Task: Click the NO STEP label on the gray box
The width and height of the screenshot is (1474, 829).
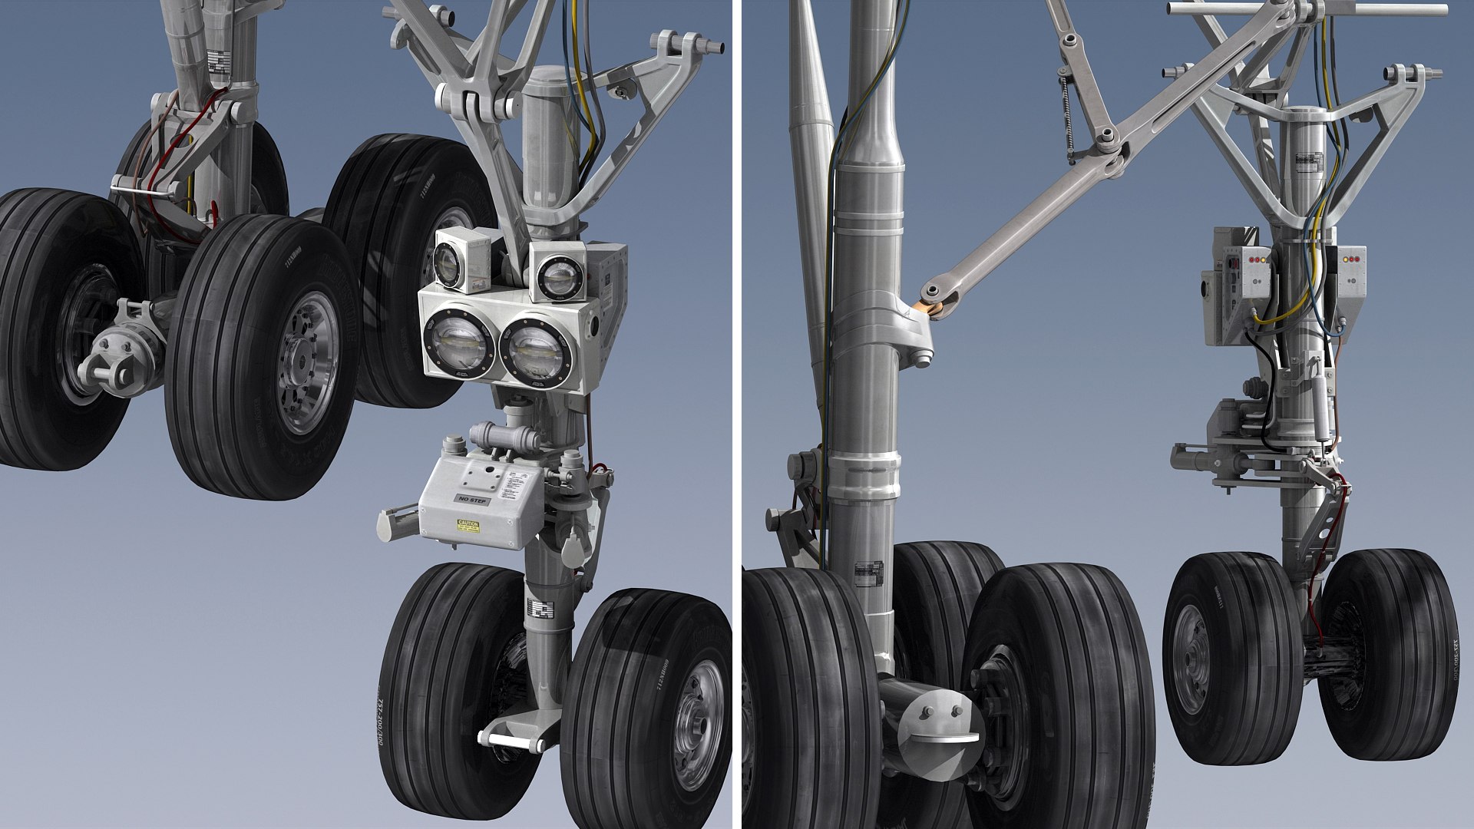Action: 472,500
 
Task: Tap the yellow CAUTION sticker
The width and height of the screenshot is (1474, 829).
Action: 468,526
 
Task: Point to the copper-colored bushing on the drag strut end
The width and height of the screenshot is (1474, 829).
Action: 934,308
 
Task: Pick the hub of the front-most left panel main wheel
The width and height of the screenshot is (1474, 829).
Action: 307,361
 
